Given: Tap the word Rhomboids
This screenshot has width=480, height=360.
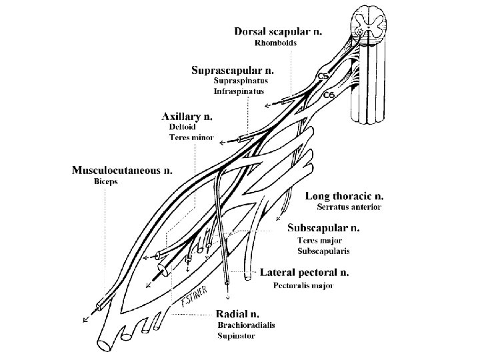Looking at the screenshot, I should [x=275, y=43].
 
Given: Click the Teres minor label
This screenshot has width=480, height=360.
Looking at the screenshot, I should [x=191, y=137].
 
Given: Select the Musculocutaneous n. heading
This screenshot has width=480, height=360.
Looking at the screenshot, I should [x=122, y=170].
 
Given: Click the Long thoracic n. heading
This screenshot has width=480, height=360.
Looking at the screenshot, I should [x=345, y=196].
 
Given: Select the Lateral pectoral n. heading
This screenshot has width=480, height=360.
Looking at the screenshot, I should [x=304, y=273].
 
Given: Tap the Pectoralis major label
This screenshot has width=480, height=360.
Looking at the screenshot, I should [x=303, y=285].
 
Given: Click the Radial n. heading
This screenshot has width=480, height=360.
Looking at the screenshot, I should [x=237, y=313].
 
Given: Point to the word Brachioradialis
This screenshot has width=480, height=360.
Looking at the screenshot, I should [x=246, y=325].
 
